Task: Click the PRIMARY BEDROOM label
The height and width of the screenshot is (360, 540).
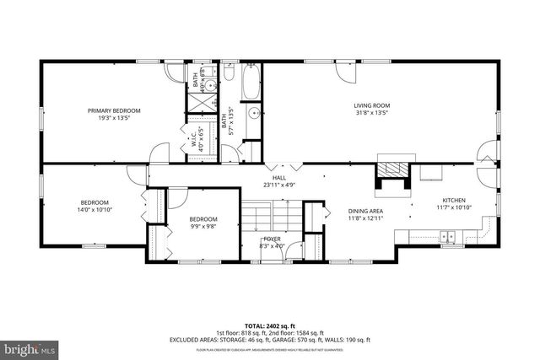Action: coord(115,110)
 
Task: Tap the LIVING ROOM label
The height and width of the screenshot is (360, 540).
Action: coord(371,105)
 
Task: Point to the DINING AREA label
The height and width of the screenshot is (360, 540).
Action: coord(366,211)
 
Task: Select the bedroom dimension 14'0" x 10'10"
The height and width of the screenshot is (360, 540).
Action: coord(94,210)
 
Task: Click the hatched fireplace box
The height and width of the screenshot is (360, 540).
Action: coord(391,183)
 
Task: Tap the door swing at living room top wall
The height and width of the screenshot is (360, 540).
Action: coord(345,72)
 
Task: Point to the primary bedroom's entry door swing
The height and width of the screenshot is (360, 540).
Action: coord(158,154)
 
